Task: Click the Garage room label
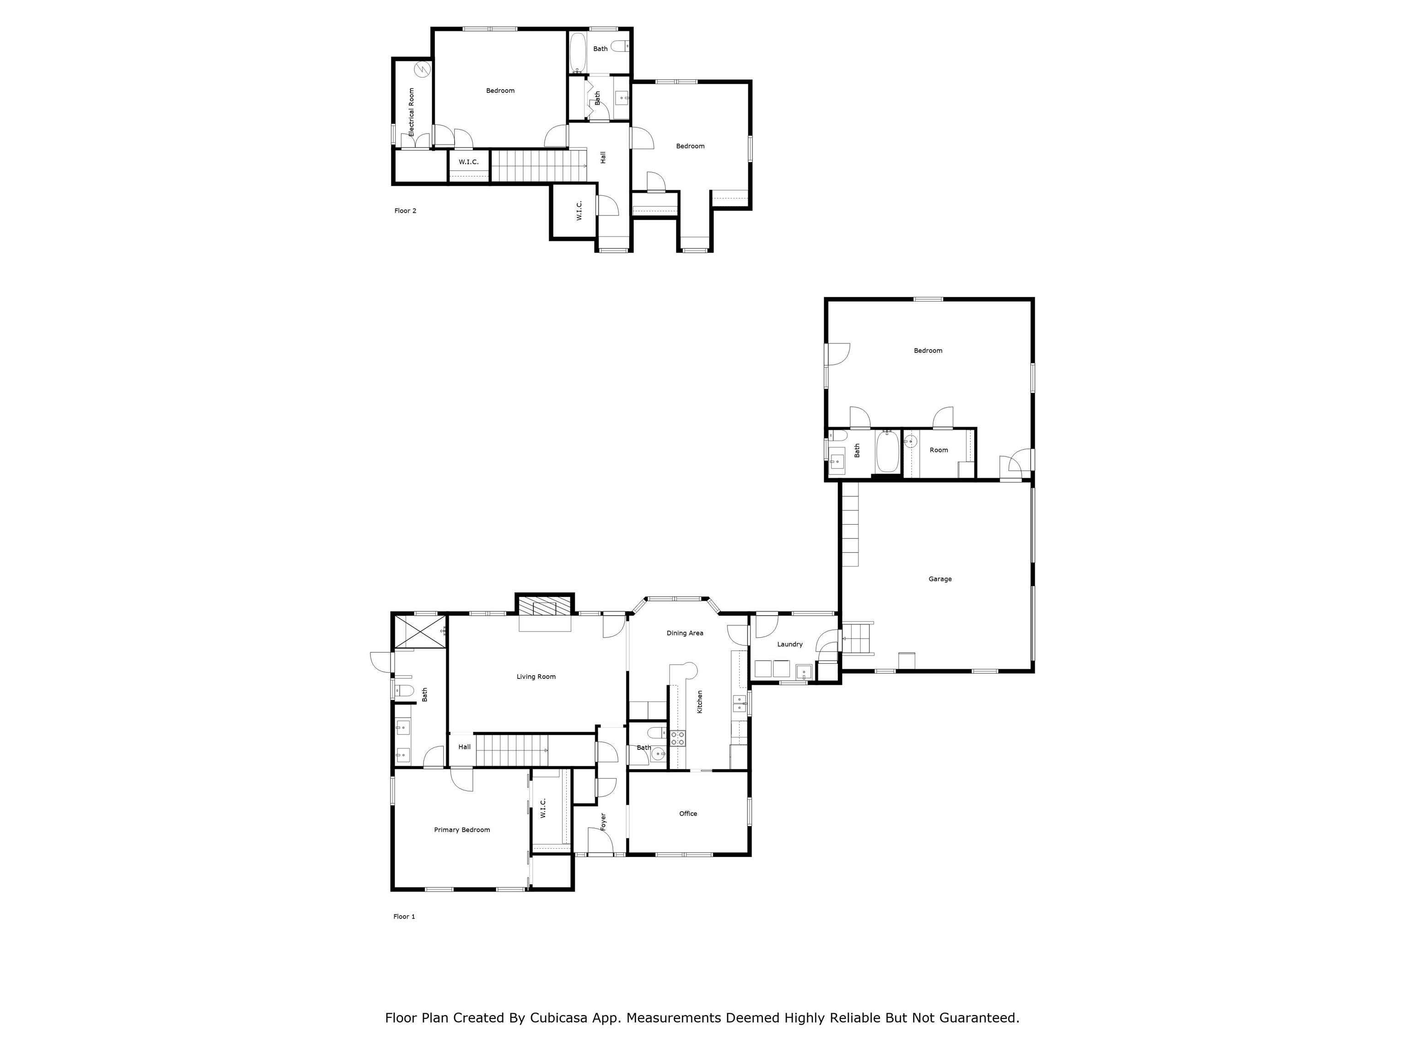(939, 579)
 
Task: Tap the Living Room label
(536, 677)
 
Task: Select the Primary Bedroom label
(462, 830)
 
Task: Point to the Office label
(688, 813)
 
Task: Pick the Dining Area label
(685, 633)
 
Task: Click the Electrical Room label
(411, 112)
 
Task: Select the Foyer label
(603, 821)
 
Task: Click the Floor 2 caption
(405, 211)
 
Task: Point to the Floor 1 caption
(404, 916)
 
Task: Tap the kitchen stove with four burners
(678, 737)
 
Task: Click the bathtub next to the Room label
(887, 452)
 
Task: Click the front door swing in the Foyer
(600, 842)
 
